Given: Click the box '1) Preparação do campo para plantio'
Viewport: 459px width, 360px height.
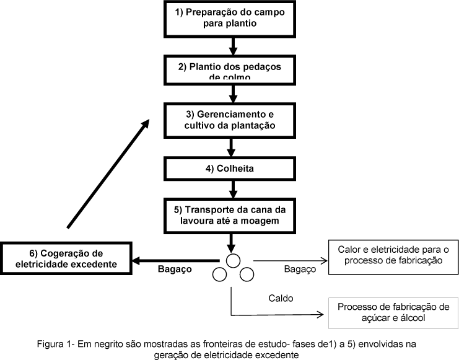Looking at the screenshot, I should point(231,18).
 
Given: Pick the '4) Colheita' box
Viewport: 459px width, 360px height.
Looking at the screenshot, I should point(231,167).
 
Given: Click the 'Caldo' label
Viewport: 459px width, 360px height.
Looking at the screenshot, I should point(281,297).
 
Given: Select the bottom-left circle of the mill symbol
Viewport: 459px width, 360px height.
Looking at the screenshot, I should point(219,274).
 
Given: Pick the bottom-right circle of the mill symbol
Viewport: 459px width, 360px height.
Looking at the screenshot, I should point(246,274).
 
